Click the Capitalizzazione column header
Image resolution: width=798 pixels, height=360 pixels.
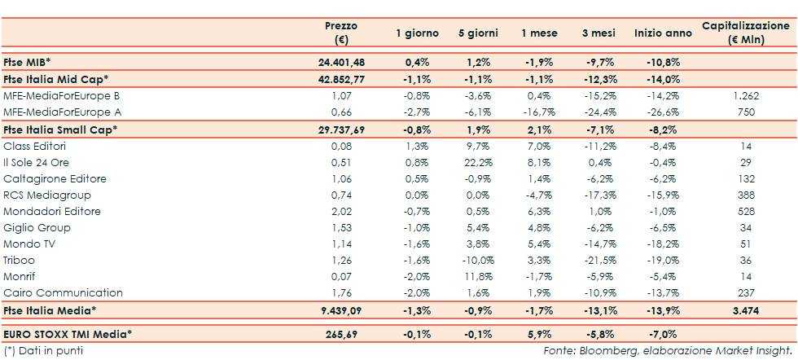[x=745, y=33]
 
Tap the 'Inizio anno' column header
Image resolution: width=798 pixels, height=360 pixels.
[x=663, y=33]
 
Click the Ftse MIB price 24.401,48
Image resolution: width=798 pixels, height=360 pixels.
[x=341, y=62]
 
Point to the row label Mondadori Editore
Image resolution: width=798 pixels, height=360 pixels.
[x=52, y=211]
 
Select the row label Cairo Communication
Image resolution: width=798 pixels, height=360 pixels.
[x=63, y=292]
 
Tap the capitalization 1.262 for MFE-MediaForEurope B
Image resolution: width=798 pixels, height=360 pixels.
[x=745, y=95]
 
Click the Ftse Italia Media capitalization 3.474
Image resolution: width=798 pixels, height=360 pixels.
[x=745, y=310]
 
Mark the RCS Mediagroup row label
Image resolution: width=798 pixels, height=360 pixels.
[x=47, y=195]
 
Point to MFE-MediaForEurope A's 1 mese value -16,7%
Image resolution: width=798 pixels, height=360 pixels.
[x=538, y=112]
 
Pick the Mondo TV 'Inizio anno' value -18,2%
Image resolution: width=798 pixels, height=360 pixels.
[x=663, y=244]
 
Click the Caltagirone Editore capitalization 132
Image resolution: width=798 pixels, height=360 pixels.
[x=745, y=178]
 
